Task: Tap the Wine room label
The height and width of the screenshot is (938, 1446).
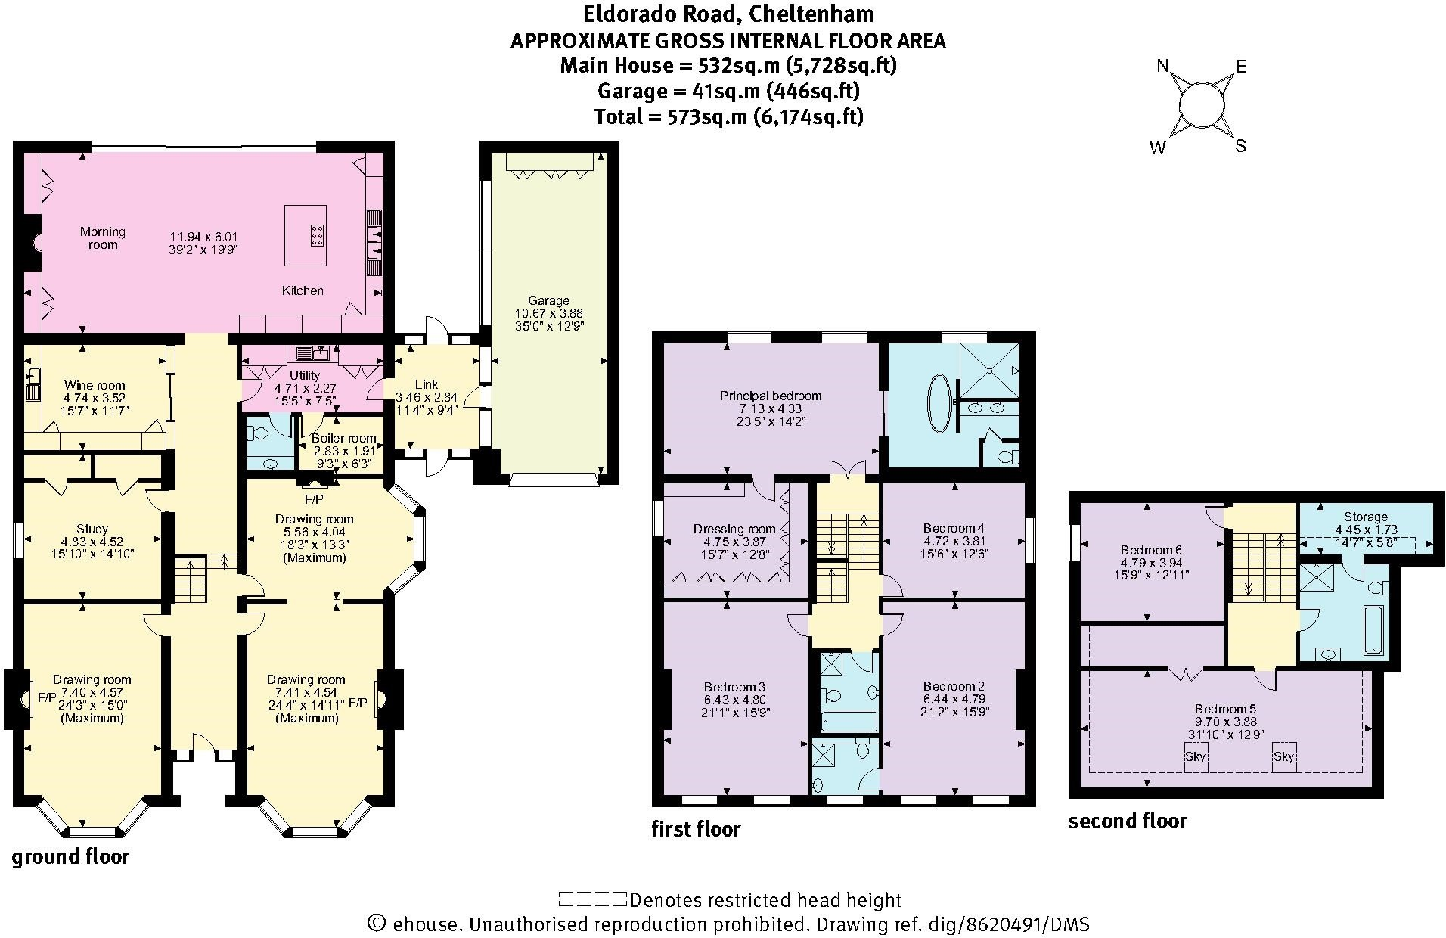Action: pos(95,385)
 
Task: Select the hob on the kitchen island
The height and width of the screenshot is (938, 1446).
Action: pos(315,236)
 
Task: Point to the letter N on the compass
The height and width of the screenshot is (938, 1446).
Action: pos(1163,66)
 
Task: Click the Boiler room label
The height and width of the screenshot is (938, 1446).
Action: pos(344,438)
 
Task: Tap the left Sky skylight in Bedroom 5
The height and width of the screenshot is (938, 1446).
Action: pos(1196,756)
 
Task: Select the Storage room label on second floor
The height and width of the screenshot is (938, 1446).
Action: pos(1365,517)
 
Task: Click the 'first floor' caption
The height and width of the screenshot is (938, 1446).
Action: pos(696,829)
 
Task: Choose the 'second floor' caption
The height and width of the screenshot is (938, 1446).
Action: pos(1127,821)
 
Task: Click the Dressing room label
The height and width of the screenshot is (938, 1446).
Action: pos(734,529)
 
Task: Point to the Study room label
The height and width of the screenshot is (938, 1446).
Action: pos(92,529)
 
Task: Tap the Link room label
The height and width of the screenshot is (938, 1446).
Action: pos(426,384)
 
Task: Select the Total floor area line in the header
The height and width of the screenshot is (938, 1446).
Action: pos(728,116)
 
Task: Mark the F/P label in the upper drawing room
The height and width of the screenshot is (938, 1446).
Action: pos(313,499)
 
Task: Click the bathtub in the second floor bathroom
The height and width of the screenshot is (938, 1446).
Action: pos(1372,629)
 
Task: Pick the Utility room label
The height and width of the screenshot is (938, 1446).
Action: pos(305,375)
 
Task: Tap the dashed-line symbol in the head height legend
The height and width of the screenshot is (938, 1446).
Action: pos(592,899)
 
